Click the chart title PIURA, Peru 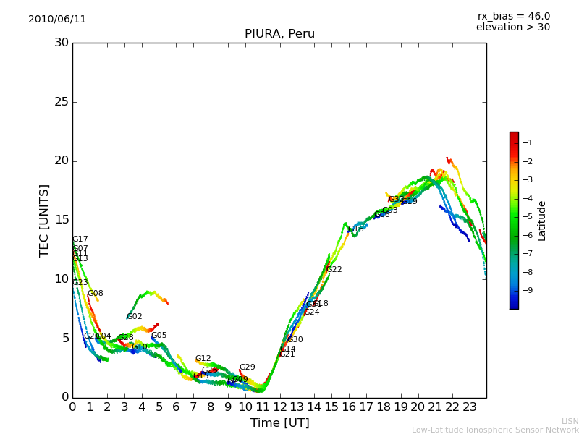279,34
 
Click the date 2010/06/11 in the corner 57,20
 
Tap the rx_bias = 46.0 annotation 513,17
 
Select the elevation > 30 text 512,27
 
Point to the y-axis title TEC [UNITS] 44,220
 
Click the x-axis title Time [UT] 279,423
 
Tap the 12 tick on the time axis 279,407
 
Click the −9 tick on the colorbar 527,290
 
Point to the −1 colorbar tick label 527,143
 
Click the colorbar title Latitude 542,221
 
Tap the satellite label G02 135,317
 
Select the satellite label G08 96,294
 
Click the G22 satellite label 334,270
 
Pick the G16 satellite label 356,229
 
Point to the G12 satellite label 203,359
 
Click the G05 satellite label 159,336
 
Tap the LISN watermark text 570,421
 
